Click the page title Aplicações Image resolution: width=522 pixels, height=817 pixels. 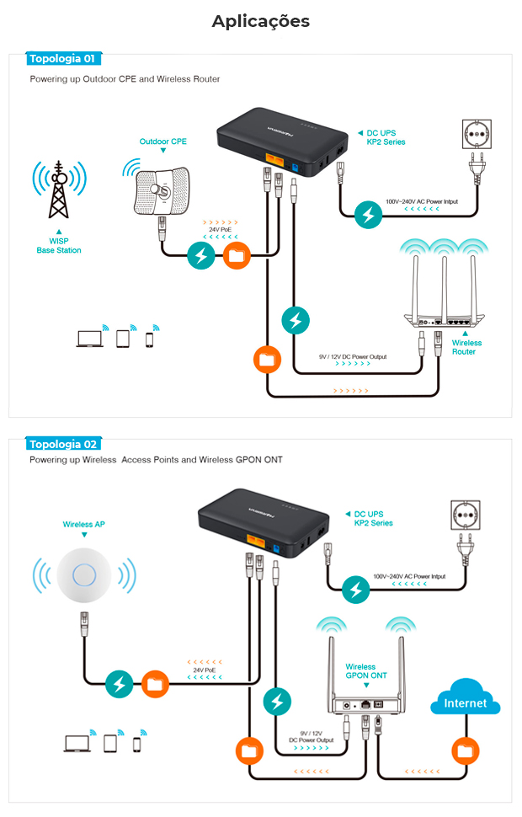click(x=260, y=21)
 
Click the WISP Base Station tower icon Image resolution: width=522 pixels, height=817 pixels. click(x=59, y=190)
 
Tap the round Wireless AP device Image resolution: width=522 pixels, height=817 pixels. click(x=83, y=576)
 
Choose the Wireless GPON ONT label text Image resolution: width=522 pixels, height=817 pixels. click(x=366, y=671)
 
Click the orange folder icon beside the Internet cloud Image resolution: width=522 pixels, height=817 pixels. click(x=465, y=750)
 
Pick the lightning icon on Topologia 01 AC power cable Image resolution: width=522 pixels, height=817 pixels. click(x=366, y=215)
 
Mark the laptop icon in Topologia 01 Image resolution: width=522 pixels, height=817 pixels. click(x=88, y=339)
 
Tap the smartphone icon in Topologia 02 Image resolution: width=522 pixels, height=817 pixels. click(x=136, y=744)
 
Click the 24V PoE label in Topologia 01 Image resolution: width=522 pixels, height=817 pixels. click(x=221, y=229)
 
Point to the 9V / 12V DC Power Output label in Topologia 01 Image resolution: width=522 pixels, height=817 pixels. click(x=353, y=357)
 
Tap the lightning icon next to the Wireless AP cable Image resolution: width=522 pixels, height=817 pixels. click(x=120, y=684)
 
